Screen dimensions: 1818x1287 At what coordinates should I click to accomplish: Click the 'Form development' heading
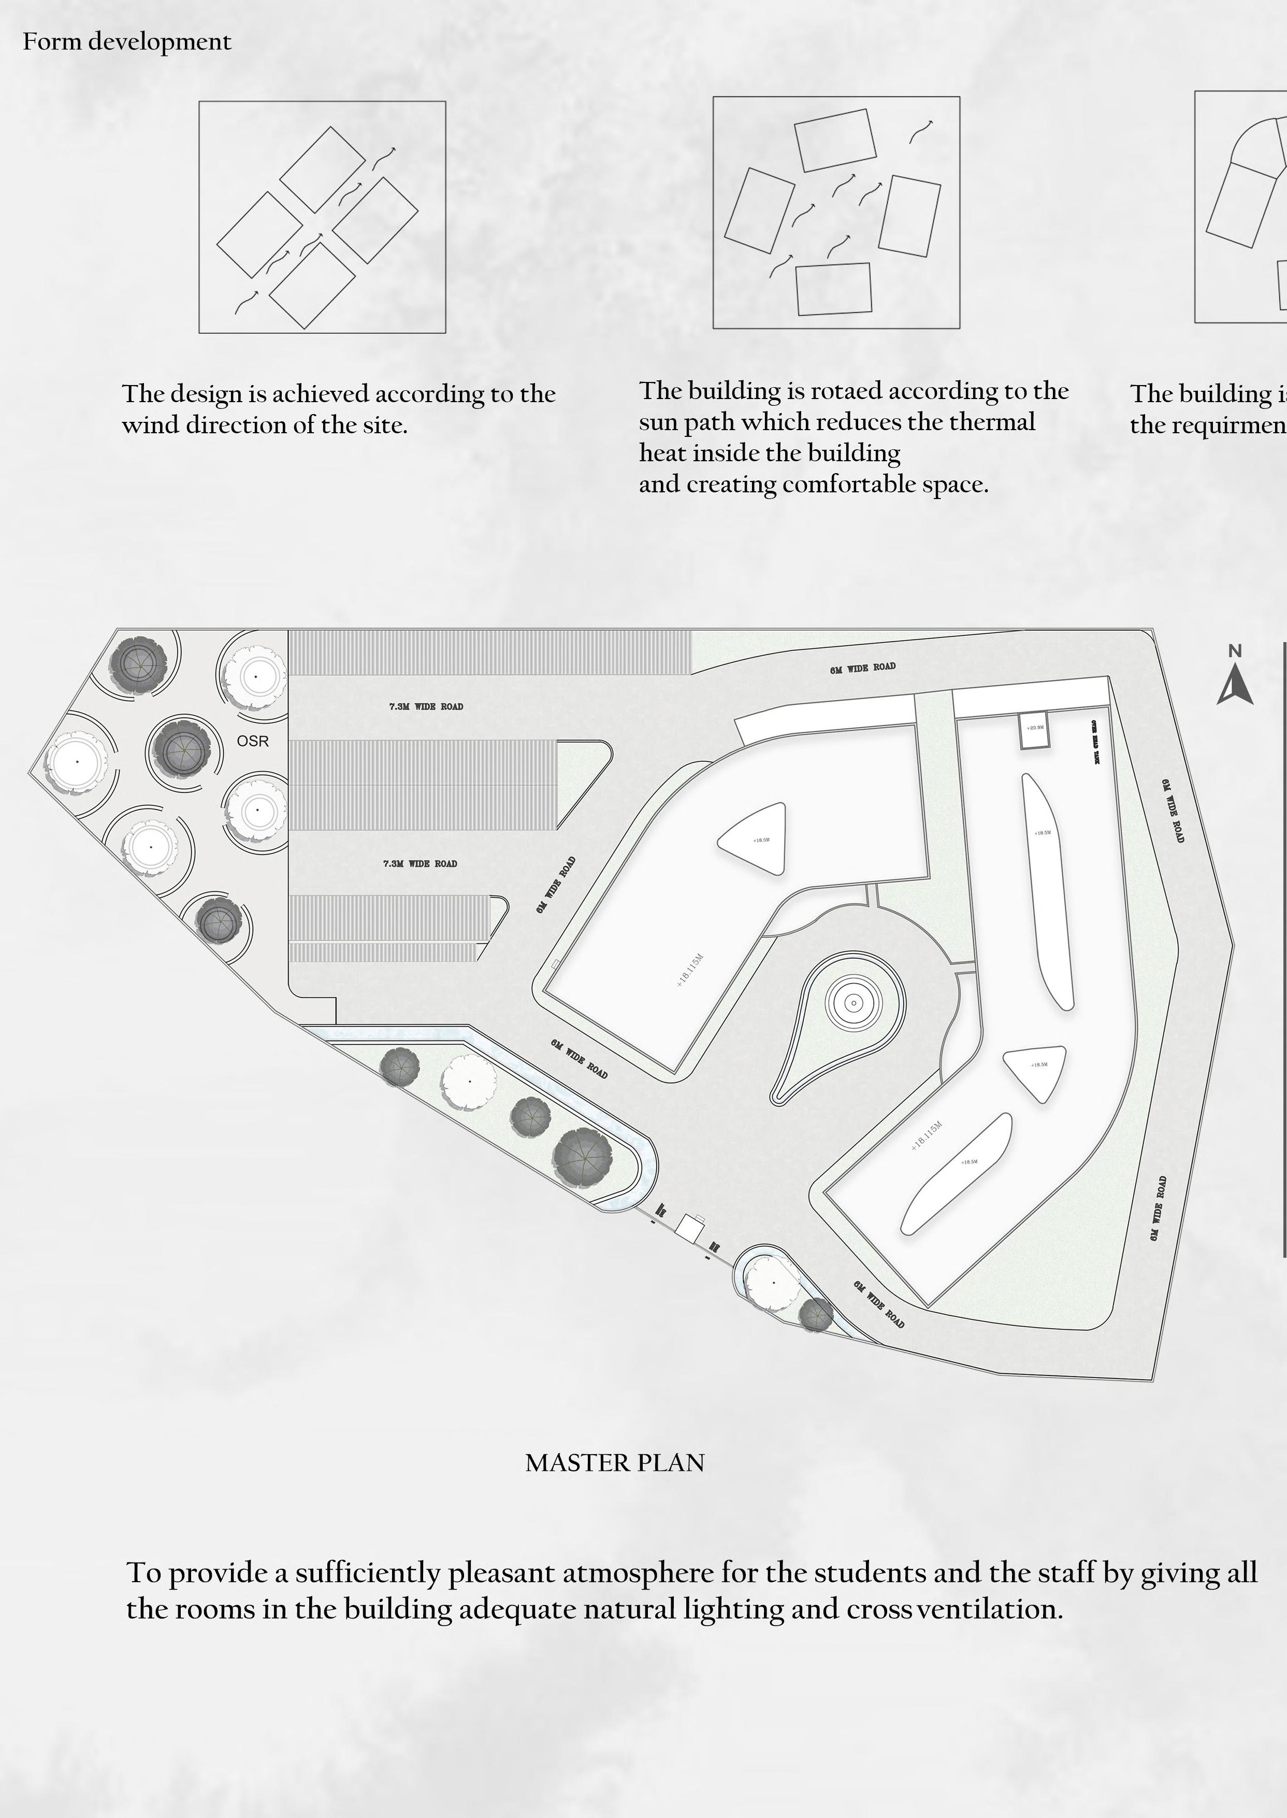(x=127, y=41)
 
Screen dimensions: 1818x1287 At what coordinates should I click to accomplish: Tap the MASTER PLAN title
(x=614, y=1463)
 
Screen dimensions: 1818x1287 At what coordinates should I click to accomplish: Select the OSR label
(x=253, y=741)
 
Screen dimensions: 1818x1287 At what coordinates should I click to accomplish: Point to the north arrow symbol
(x=1235, y=687)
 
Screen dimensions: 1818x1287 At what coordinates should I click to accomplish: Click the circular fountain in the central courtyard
(x=854, y=1003)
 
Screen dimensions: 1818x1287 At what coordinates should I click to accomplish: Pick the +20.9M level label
(x=1035, y=727)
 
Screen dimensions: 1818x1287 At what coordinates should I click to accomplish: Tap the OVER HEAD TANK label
(x=1095, y=742)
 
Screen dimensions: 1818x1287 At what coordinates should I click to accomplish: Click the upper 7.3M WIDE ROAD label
(x=426, y=706)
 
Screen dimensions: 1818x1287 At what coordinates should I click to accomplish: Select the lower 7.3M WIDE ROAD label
(x=420, y=863)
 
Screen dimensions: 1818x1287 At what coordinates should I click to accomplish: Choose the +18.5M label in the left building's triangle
(x=761, y=840)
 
